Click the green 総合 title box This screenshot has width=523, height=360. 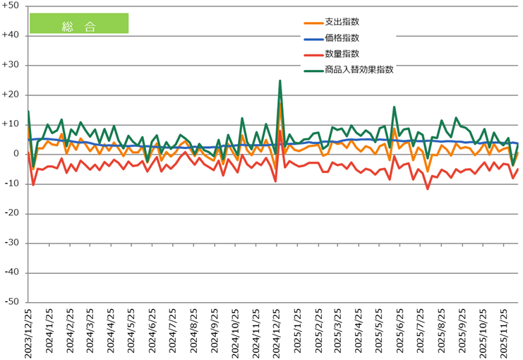78,23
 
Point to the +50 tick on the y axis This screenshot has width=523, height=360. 12,6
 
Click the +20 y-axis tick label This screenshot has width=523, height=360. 12,95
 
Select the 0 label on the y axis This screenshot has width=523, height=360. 17,154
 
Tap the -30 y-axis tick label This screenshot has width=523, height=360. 13,243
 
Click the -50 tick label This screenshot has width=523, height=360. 13,302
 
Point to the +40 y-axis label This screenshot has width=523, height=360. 12,35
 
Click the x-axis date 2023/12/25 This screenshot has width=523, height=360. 29,332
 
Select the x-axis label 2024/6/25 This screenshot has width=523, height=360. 153,332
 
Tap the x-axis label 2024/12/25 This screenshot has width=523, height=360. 277,332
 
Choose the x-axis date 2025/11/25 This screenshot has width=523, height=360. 505,332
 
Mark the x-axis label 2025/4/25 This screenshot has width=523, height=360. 360,332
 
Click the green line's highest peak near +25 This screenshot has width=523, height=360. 280,80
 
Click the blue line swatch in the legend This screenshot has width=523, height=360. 311,39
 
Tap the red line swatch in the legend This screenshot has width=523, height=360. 311,54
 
